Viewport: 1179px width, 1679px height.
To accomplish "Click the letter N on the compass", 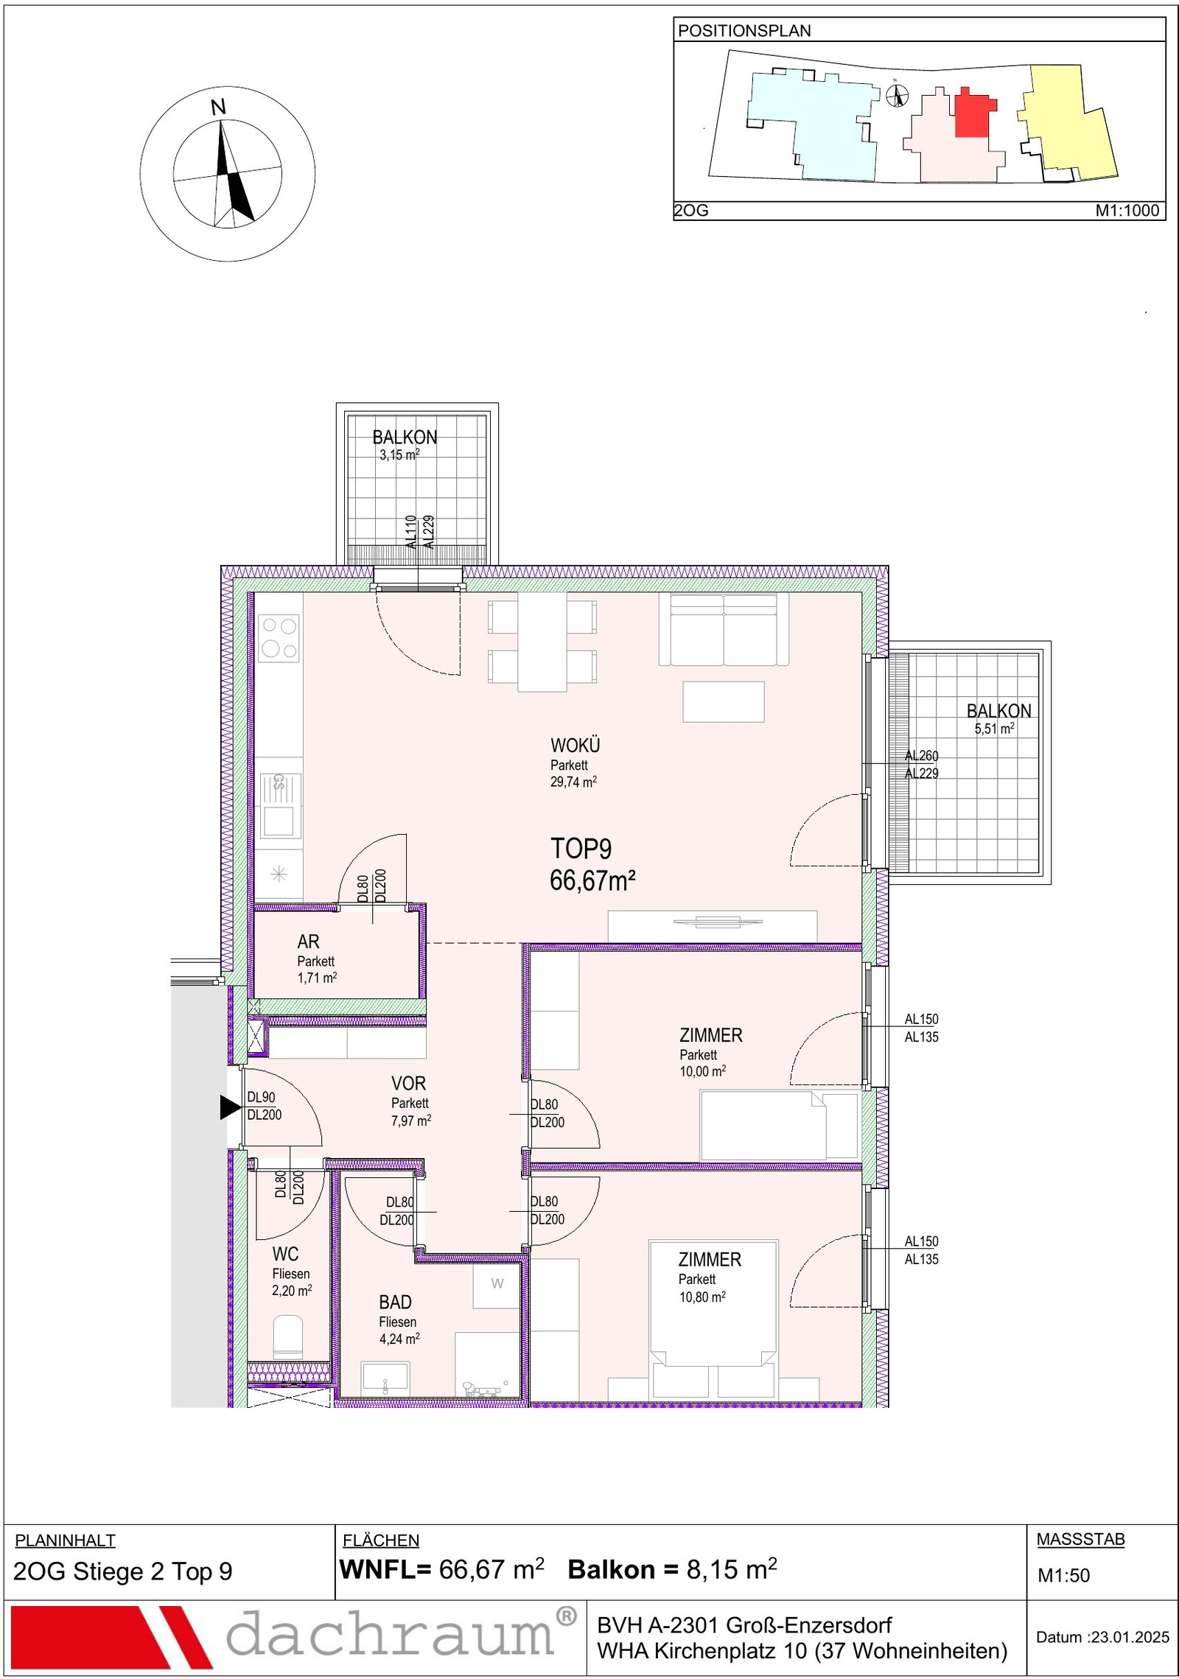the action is coord(218,108).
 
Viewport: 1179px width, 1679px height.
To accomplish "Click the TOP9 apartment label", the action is coord(581,849).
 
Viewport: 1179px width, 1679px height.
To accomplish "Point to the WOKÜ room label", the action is coord(575,745).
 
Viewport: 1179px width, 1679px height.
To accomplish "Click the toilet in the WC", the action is coord(288,1337).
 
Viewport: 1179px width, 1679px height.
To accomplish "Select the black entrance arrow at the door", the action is coord(231,1107).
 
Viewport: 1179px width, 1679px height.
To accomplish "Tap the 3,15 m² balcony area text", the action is coord(399,455).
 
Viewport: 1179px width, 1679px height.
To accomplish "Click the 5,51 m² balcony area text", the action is coord(995,729).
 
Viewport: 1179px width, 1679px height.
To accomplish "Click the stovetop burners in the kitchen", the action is coord(279,637).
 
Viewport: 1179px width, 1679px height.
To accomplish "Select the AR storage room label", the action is coord(309,942).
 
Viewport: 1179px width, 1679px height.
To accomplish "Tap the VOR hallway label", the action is coord(409,1083).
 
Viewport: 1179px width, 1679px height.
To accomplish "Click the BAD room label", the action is coord(396,1302).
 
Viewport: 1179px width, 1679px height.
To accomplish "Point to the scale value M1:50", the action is coord(1063,1575).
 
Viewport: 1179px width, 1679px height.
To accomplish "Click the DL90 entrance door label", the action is coord(261,1097).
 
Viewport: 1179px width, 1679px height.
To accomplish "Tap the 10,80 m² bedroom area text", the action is coord(702,1297).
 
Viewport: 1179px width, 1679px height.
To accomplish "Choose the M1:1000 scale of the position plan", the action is coord(1127,210).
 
